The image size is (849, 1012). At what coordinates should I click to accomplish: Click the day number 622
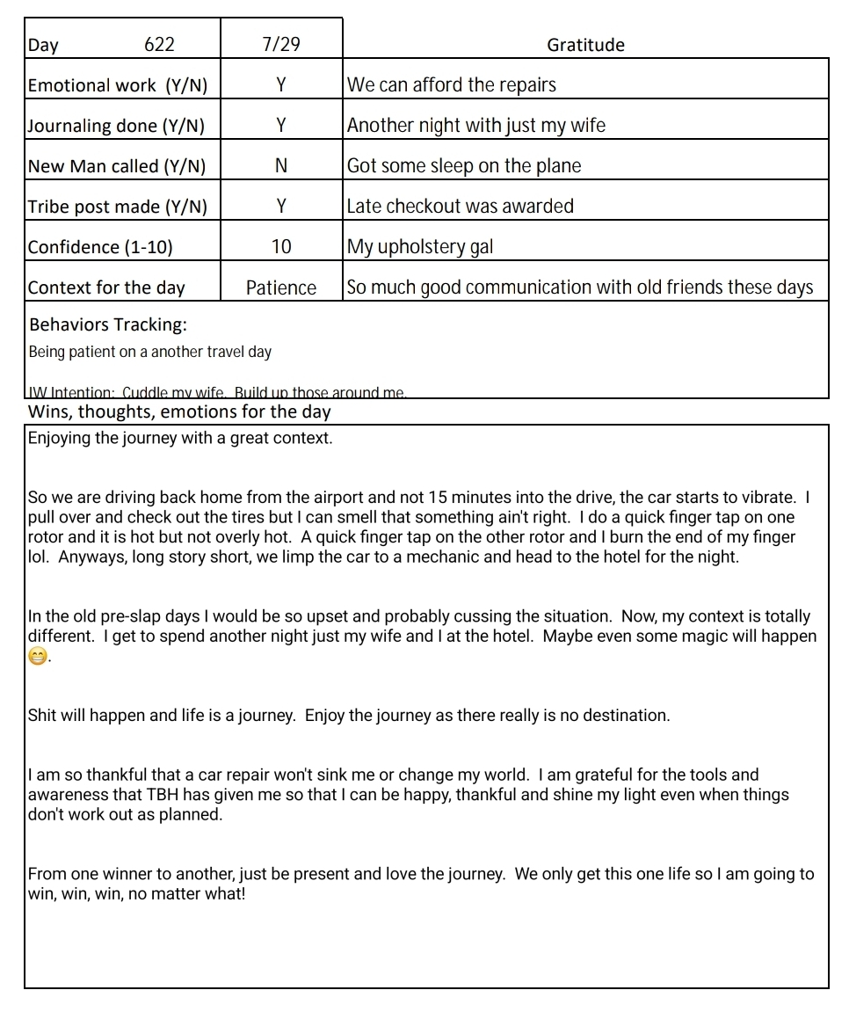(159, 45)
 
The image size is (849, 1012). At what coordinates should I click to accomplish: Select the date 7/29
(280, 45)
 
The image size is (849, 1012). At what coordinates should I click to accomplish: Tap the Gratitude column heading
(585, 45)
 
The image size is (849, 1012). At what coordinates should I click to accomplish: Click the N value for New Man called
(280, 166)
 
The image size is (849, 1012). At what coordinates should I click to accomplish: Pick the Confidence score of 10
(280, 247)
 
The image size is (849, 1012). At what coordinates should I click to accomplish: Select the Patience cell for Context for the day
(280, 288)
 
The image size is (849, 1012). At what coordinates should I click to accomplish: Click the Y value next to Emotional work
(280, 85)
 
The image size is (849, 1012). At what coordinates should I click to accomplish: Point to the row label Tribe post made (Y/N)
(118, 207)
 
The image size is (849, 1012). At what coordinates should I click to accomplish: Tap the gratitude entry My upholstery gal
(420, 247)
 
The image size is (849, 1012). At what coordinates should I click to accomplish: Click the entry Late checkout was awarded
(460, 207)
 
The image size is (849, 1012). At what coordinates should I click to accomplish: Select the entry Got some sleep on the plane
(464, 166)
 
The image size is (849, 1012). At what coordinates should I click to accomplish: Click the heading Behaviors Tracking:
(108, 324)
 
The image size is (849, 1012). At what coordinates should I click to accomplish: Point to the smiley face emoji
(37, 658)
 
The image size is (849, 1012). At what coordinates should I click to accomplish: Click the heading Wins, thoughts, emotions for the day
(179, 411)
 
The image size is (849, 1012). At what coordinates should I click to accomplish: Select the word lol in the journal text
(38, 557)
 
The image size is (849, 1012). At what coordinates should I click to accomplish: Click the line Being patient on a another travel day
(150, 352)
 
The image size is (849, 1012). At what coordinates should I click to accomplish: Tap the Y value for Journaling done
(280, 126)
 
